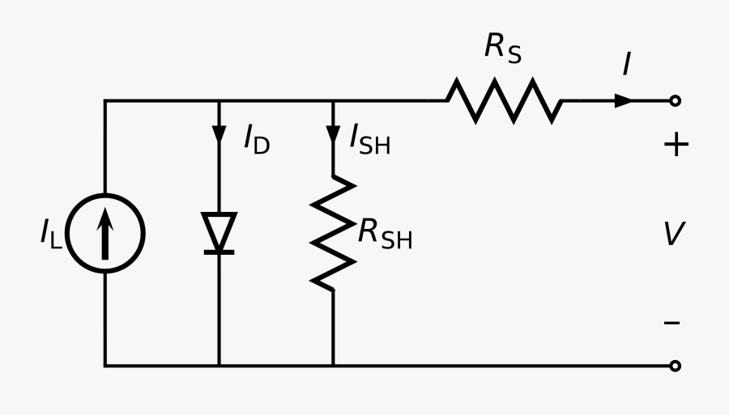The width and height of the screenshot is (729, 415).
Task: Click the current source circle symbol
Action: [104, 233]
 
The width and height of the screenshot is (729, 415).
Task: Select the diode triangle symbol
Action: [219, 231]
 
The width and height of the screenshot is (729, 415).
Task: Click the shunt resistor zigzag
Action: [333, 233]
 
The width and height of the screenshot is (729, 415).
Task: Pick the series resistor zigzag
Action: [503, 101]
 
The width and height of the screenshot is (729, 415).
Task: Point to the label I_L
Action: [50, 234]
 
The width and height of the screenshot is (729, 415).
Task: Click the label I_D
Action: [256, 141]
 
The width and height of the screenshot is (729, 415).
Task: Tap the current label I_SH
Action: [369, 141]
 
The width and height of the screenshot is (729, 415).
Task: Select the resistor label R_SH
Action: [386, 234]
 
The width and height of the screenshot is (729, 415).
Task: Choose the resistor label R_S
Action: [502, 49]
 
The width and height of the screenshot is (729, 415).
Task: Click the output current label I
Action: [626, 65]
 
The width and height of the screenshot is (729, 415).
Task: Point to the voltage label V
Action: [674, 235]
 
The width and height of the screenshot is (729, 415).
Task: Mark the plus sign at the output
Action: [676, 146]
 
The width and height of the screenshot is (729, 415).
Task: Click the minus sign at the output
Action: [672, 323]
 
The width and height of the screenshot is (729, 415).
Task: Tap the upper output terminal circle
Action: [675, 101]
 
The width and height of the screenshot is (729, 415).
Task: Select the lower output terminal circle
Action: [675, 366]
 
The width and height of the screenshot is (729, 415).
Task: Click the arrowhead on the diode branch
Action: [219, 134]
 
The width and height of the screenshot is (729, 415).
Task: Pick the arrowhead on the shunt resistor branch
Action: [333, 134]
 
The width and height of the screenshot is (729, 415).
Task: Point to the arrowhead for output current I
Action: [624, 101]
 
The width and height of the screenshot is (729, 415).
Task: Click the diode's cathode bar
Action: [219, 252]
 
